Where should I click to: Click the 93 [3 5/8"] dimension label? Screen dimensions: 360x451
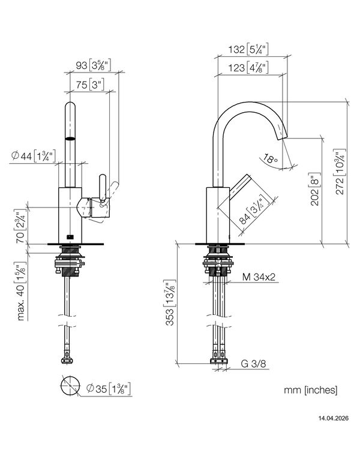tap(93, 65)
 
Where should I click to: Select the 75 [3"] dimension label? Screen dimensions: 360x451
tap(90, 85)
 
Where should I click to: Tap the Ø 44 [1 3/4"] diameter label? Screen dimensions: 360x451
tap(33, 156)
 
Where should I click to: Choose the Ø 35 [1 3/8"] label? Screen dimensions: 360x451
tap(109, 389)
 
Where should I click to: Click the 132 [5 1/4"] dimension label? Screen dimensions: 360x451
tap(248, 49)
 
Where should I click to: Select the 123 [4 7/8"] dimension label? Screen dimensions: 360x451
tap(248, 68)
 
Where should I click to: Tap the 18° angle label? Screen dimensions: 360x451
tap(269, 158)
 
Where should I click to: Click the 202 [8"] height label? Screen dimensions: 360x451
tap(315, 190)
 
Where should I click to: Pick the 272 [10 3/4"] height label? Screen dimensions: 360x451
tap(340, 172)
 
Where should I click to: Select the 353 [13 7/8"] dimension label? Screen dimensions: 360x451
tap(170, 302)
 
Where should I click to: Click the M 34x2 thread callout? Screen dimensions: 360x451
tap(259, 277)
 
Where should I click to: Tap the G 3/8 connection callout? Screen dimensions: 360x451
tap(253, 364)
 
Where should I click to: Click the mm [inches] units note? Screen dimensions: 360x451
tap(311, 390)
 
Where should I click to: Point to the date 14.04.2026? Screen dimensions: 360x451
tap(333, 418)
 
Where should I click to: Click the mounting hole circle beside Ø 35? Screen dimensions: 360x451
tap(70, 386)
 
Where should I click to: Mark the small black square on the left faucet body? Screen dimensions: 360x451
tap(70, 237)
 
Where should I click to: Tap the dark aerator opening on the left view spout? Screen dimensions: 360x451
tap(70, 139)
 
